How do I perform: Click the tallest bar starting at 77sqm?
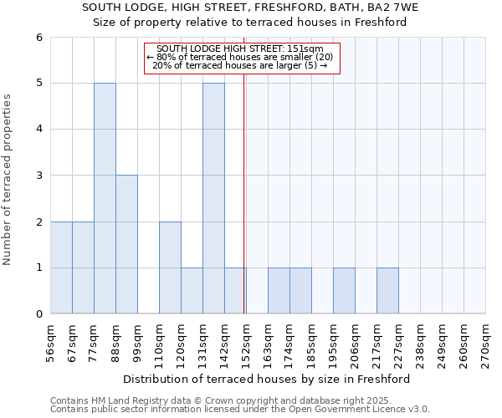pyautogui.click(x=105, y=198)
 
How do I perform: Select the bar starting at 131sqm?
pyautogui.click(x=213, y=198)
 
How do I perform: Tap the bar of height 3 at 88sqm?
pyautogui.click(x=126, y=244)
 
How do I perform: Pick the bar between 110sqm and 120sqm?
pyautogui.click(x=170, y=268)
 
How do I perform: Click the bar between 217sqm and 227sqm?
pyautogui.click(x=387, y=291)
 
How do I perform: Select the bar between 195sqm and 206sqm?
pyautogui.click(x=344, y=291)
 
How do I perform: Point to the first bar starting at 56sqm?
pyautogui.click(x=61, y=268)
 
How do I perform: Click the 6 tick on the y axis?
pyautogui.click(x=38, y=38)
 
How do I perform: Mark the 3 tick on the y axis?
pyautogui.click(x=38, y=176)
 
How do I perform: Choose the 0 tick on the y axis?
pyautogui.click(x=38, y=314)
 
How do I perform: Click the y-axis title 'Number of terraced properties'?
pyautogui.click(x=8, y=180)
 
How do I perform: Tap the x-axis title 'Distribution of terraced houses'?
pyautogui.click(x=268, y=379)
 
